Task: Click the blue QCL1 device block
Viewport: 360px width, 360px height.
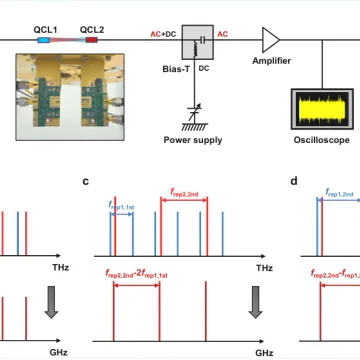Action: pyautogui.click(x=43, y=40)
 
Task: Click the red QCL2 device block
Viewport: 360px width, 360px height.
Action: pyautogui.click(x=92, y=40)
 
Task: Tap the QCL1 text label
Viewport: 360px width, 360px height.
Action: pyautogui.click(x=45, y=30)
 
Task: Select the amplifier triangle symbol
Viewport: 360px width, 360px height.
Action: pyautogui.click(x=270, y=40)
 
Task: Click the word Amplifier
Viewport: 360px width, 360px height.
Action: pyautogui.click(x=271, y=61)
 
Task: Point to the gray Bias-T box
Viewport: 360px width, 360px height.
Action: pyautogui.click(x=197, y=42)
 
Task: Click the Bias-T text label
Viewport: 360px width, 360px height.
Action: pyautogui.click(x=176, y=69)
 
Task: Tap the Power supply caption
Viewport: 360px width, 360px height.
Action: pyautogui.click(x=193, y=140)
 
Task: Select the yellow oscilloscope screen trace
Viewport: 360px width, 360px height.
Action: pyautogui.click(x=322, y=109)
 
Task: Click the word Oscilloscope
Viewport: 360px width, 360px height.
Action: pyautogui.click(x=322, y=140)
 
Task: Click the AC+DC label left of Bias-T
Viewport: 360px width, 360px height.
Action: pyautogui.click(x=163, y=34)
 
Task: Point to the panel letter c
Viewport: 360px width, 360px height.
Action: pyautogui.click(x=86, y=181)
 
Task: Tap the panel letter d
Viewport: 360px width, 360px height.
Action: pyautogui.click(x=294, y=181)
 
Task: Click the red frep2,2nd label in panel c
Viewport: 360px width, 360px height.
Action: pyautogui.click(x=184, y=192)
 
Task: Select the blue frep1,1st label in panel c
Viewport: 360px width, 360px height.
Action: pyautogui.click(x=121, y=206)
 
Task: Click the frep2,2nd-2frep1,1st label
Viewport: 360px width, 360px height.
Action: pyautogui.click(x=137, y=275)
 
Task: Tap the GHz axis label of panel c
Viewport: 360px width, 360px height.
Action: pyautogui.click(x=264, y=353)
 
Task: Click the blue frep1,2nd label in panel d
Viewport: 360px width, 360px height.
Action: pyautogui.click(x=339, y=192)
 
